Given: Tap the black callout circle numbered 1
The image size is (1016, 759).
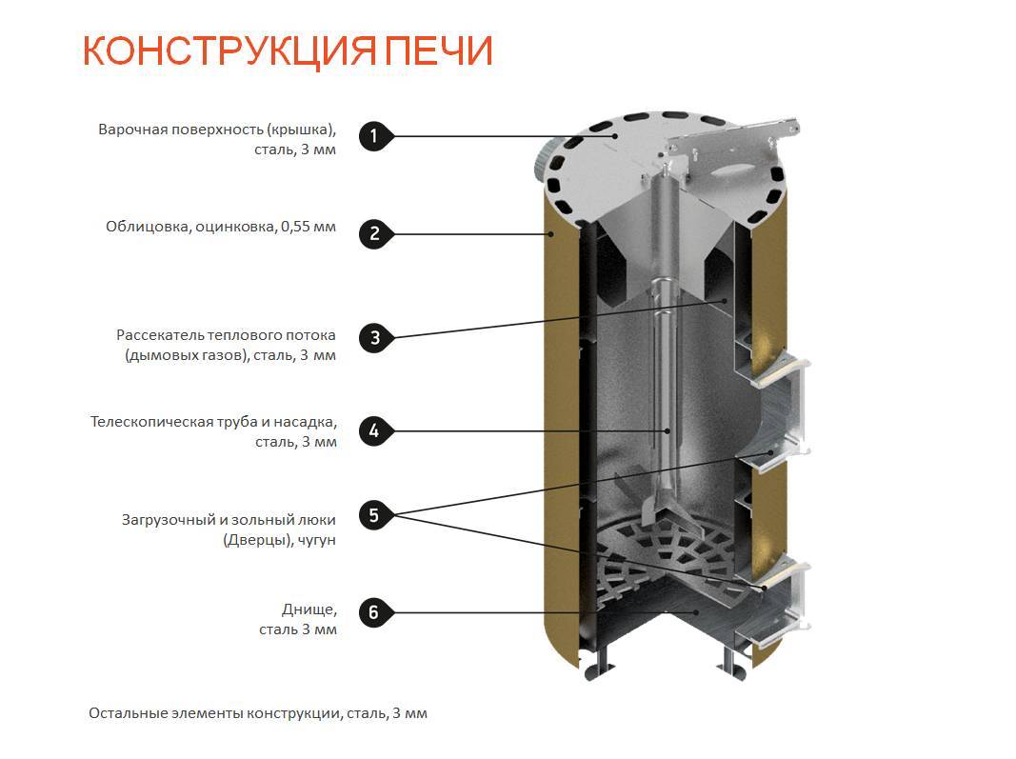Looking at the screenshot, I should (x=374, y=136).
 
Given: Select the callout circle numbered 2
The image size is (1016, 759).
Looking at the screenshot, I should (x=374, y=234).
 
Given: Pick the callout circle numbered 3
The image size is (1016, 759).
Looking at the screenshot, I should (x=374, y=337).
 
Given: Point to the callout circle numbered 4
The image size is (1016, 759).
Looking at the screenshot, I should (x=374, y=431).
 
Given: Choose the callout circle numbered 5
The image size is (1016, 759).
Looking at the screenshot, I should (x=374, y=515).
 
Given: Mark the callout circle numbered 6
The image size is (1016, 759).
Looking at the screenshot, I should (x=374, y=611).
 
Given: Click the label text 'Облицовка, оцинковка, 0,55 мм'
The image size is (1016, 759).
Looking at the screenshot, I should (x=221, y=228).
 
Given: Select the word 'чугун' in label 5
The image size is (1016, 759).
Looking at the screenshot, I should (x=315, y=540).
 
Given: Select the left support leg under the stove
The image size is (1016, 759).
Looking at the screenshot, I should (x=602, y=662).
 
